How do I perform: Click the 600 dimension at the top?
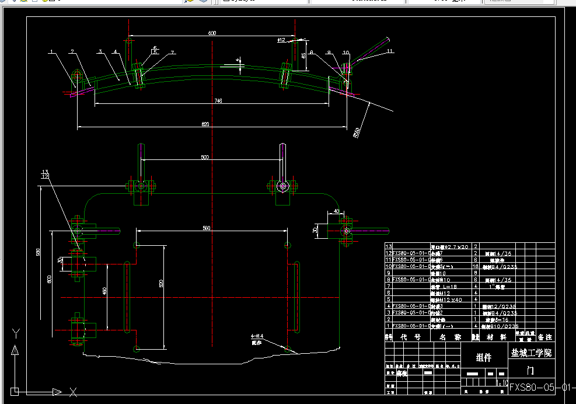(212, 33)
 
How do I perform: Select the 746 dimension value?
(218, 101)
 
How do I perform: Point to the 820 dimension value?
(205, 124)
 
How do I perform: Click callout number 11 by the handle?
(390, 52)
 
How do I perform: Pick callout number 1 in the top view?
(51, 52)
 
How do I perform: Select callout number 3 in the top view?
(100, 52)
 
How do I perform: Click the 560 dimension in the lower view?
(206, 228)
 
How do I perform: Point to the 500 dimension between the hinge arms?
(205, 158)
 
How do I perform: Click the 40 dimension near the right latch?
(337, 211)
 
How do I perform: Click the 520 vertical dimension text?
(161, 284)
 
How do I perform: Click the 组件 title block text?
(484, 358)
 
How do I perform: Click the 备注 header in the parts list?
(544, 337)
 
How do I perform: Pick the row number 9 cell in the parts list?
(388, 273)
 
